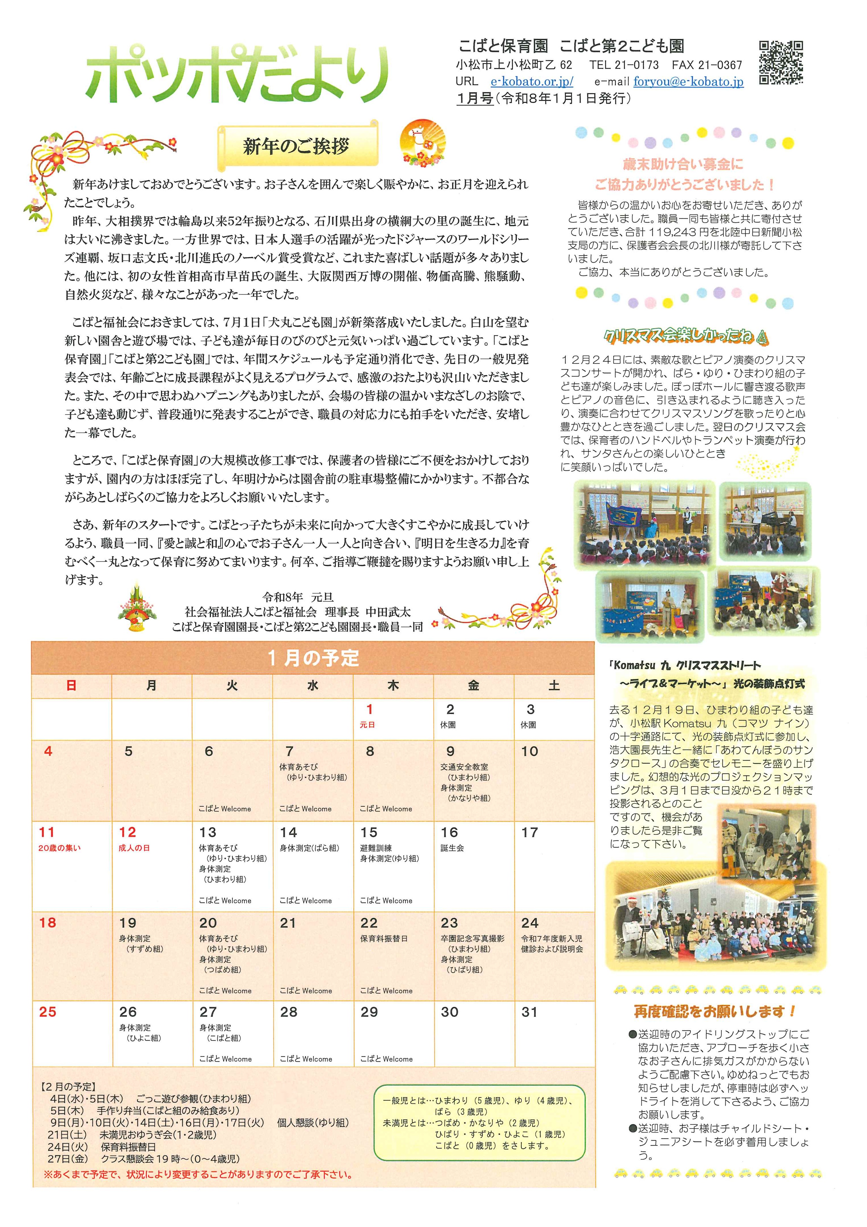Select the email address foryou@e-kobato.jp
(688, 82)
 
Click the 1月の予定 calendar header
(313, 658)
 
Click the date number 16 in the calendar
(449, 832)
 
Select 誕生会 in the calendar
(452, 848)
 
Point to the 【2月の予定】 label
(68, 1087)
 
